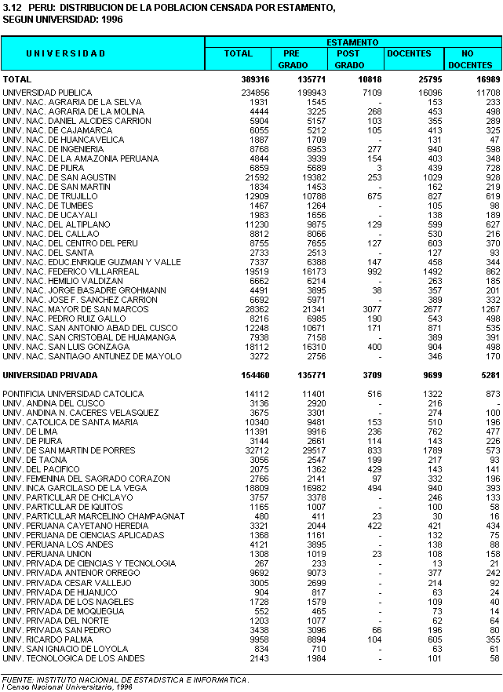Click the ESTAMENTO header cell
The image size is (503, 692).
point(352,42)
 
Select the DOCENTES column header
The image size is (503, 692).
point(409,53)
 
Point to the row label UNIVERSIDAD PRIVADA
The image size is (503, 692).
point(50,375)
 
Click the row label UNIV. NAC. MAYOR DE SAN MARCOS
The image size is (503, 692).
point(75,309)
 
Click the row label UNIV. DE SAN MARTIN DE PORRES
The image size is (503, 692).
point(70,450)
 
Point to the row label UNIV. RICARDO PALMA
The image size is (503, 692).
point(47,639)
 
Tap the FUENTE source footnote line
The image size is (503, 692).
point(126,679)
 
